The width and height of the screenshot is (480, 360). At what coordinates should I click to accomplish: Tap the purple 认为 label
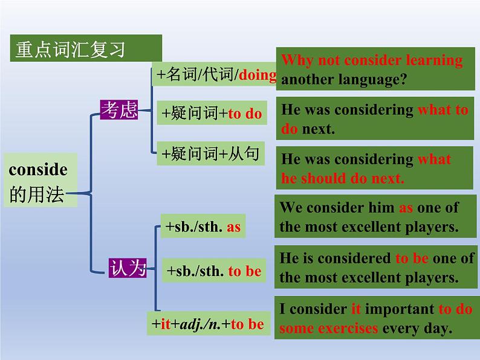click(128, 267)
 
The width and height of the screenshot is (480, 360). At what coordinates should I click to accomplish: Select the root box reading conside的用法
click(39, 182)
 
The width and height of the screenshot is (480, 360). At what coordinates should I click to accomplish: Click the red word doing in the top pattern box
click(258, 76)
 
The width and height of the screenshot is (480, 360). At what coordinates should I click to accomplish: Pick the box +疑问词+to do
click(212, 113)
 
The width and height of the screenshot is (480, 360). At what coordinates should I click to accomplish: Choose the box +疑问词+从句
click(209, 155)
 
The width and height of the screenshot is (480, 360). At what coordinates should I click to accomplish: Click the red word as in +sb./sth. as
click(233, 227)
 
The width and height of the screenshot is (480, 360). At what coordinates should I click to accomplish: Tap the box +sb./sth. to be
click(213, 271)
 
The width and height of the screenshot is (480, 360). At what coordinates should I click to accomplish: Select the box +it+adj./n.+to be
click(207, 324)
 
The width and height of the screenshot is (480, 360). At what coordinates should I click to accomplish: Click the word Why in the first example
click(296, 60)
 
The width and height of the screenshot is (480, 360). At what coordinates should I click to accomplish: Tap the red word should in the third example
click(326, 178)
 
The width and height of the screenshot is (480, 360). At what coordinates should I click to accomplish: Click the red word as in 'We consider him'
click(405, 208)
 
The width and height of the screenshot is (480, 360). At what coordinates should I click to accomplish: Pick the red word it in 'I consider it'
click(357, 309)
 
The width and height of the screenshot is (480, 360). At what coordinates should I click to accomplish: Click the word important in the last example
click(400, 309)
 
